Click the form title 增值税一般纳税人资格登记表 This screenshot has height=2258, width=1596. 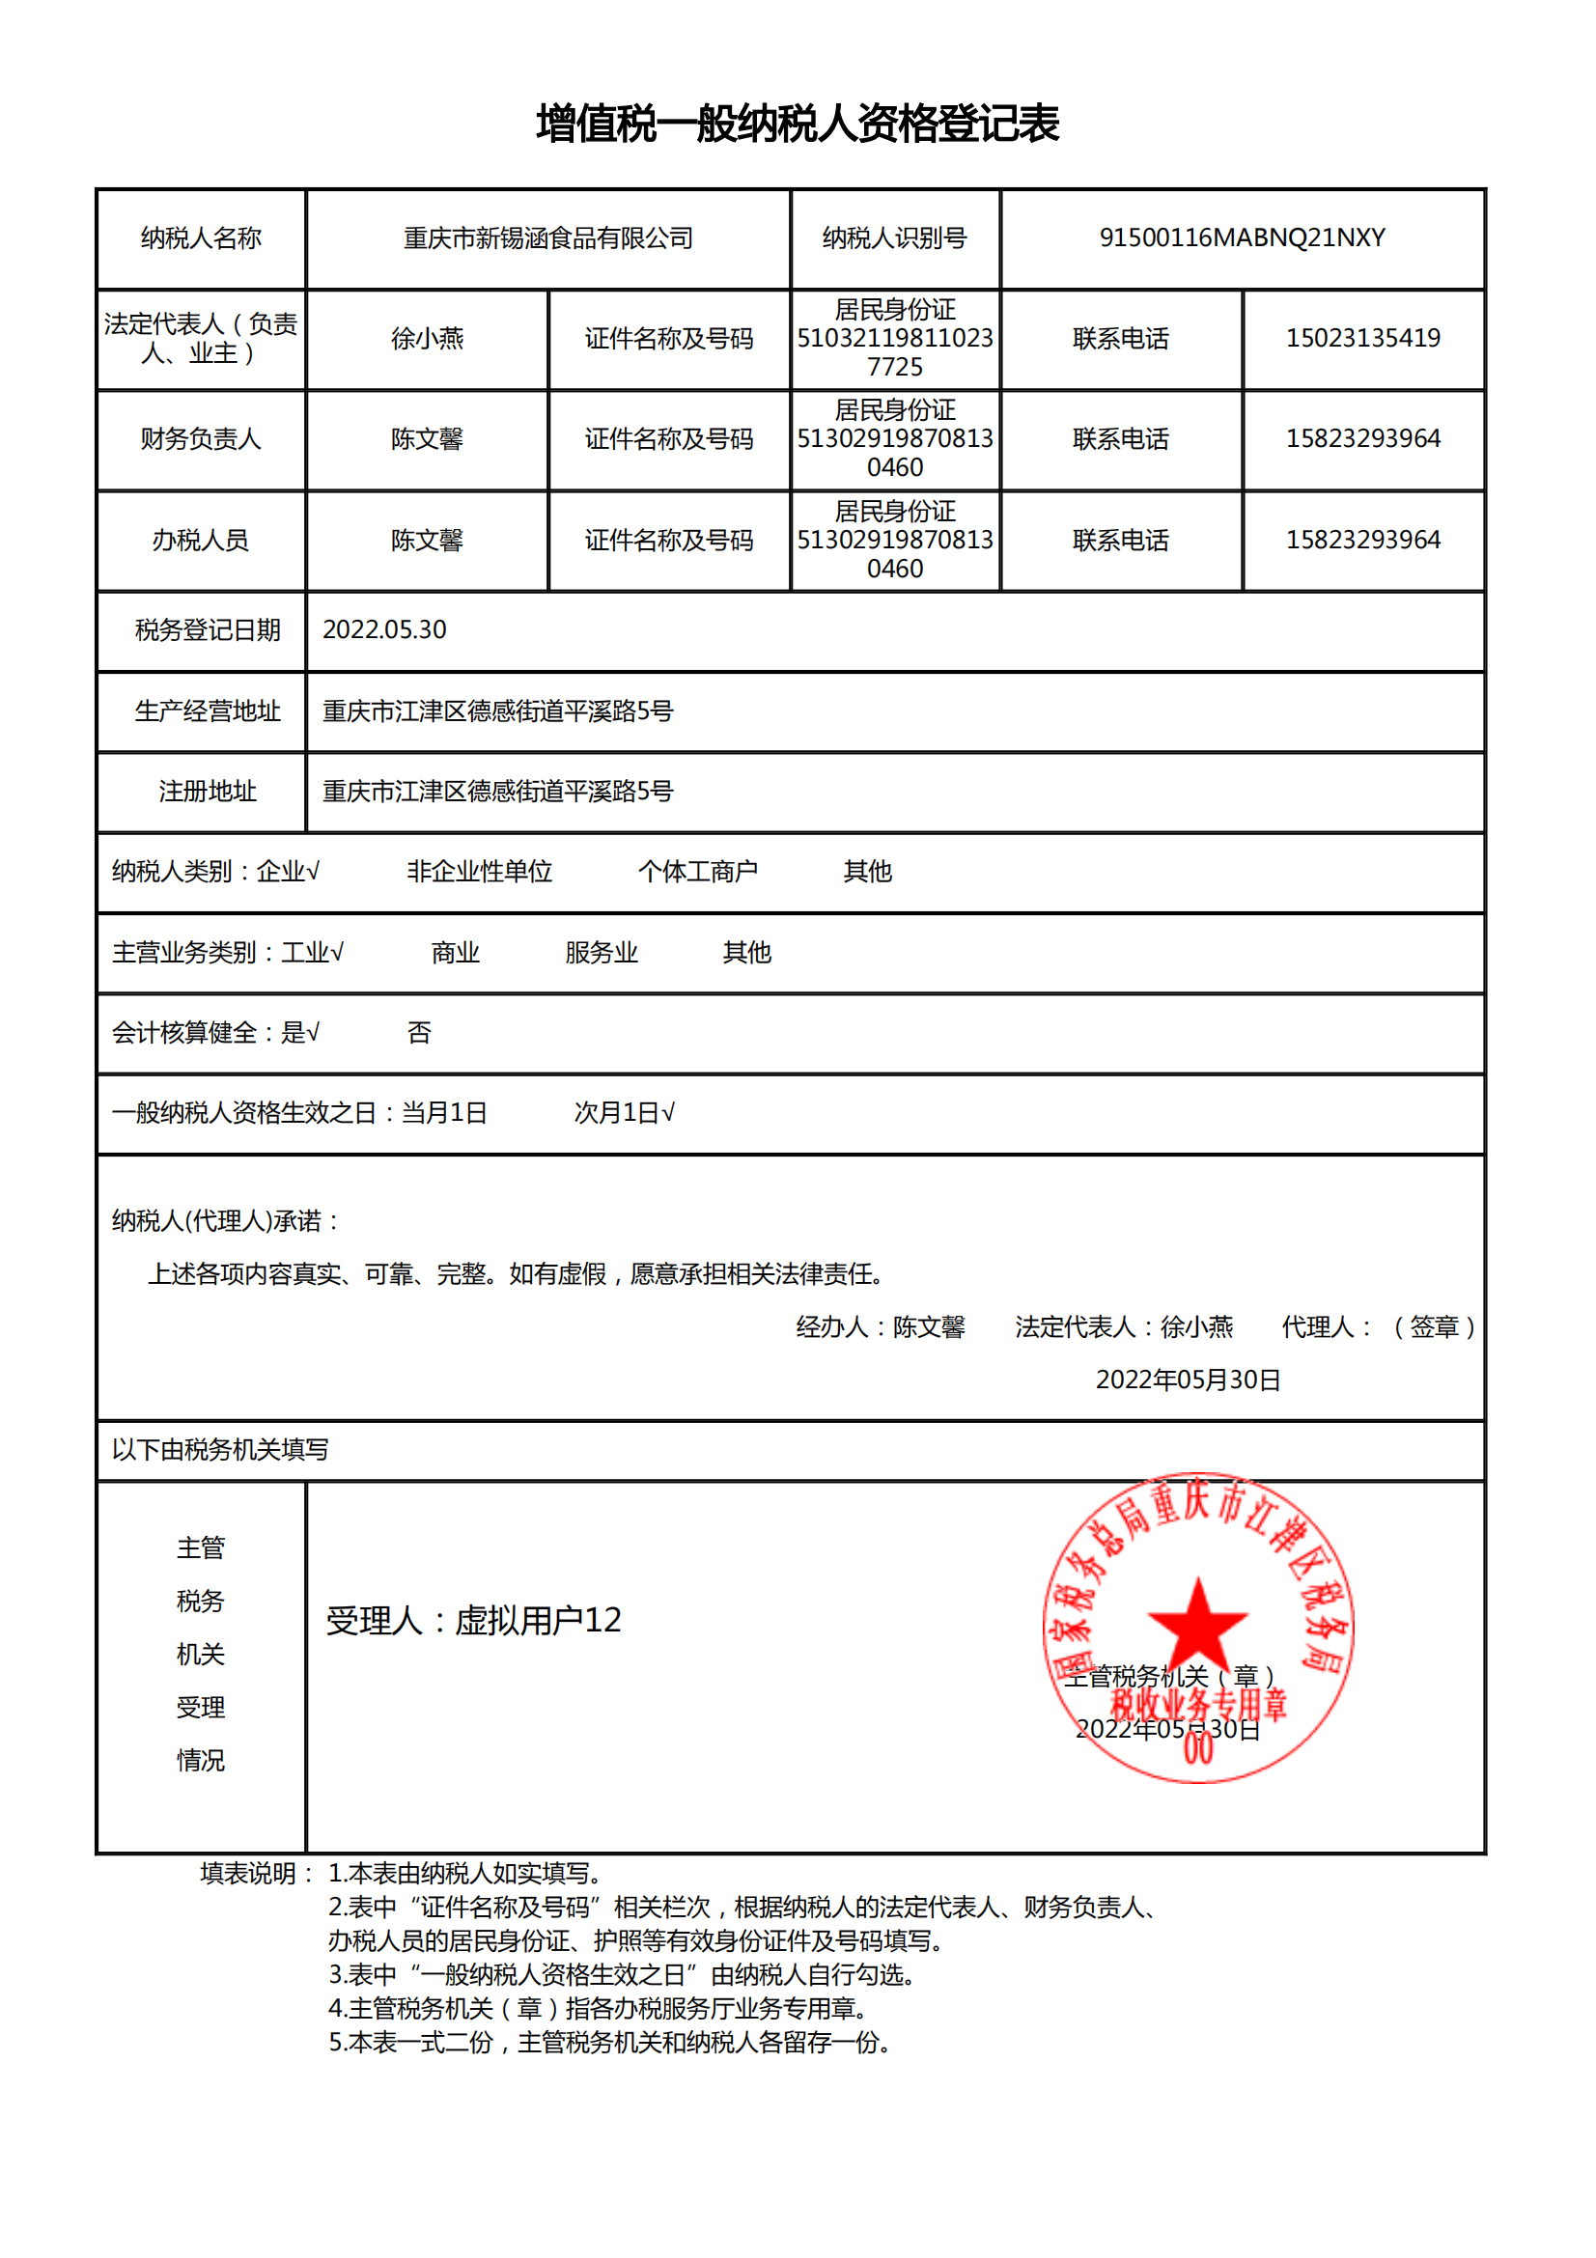797,124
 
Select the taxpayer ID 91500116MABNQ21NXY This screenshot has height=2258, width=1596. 1241,238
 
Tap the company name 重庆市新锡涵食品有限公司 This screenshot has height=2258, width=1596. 547,238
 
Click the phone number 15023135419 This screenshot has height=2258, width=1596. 1362,338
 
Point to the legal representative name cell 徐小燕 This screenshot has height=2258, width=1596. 427,338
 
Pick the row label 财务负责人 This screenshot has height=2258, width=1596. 201,438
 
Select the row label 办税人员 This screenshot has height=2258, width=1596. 201,540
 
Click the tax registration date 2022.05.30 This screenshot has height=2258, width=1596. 384,629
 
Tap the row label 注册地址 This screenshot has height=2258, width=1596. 208,792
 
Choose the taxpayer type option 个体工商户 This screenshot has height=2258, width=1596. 697,872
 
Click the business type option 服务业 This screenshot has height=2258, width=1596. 601,952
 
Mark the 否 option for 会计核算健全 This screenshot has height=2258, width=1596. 419,1033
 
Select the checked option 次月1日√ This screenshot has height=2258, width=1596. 625,1112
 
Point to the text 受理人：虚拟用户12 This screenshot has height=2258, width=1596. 474,1620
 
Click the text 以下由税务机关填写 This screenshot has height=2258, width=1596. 220,1450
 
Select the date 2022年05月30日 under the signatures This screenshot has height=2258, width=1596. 1187,1380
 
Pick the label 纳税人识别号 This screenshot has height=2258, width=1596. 894,238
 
